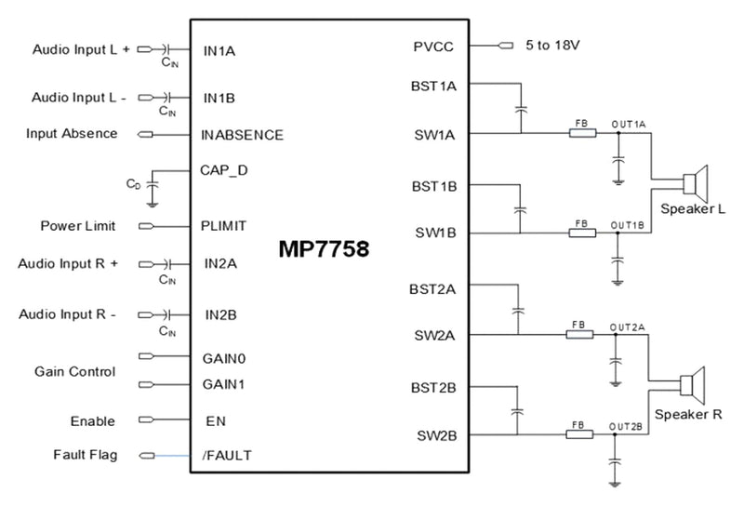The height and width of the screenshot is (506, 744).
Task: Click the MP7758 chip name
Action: point(324,250)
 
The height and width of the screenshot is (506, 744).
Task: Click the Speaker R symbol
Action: point(693,382)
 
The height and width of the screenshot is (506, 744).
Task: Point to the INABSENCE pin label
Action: point(242,134)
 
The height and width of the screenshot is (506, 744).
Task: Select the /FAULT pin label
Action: point(227,455)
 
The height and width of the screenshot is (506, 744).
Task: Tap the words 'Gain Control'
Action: point(75,371)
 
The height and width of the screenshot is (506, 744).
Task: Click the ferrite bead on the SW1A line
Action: point(581,133)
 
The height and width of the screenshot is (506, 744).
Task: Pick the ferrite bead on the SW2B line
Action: point(579,434)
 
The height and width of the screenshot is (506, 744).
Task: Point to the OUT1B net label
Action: point(627,224)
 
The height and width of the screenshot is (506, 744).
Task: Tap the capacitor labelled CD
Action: point(153,187)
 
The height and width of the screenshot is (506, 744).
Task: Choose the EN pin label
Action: point(216,420)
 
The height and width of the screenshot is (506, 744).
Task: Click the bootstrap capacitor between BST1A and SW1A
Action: point(519,109)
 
